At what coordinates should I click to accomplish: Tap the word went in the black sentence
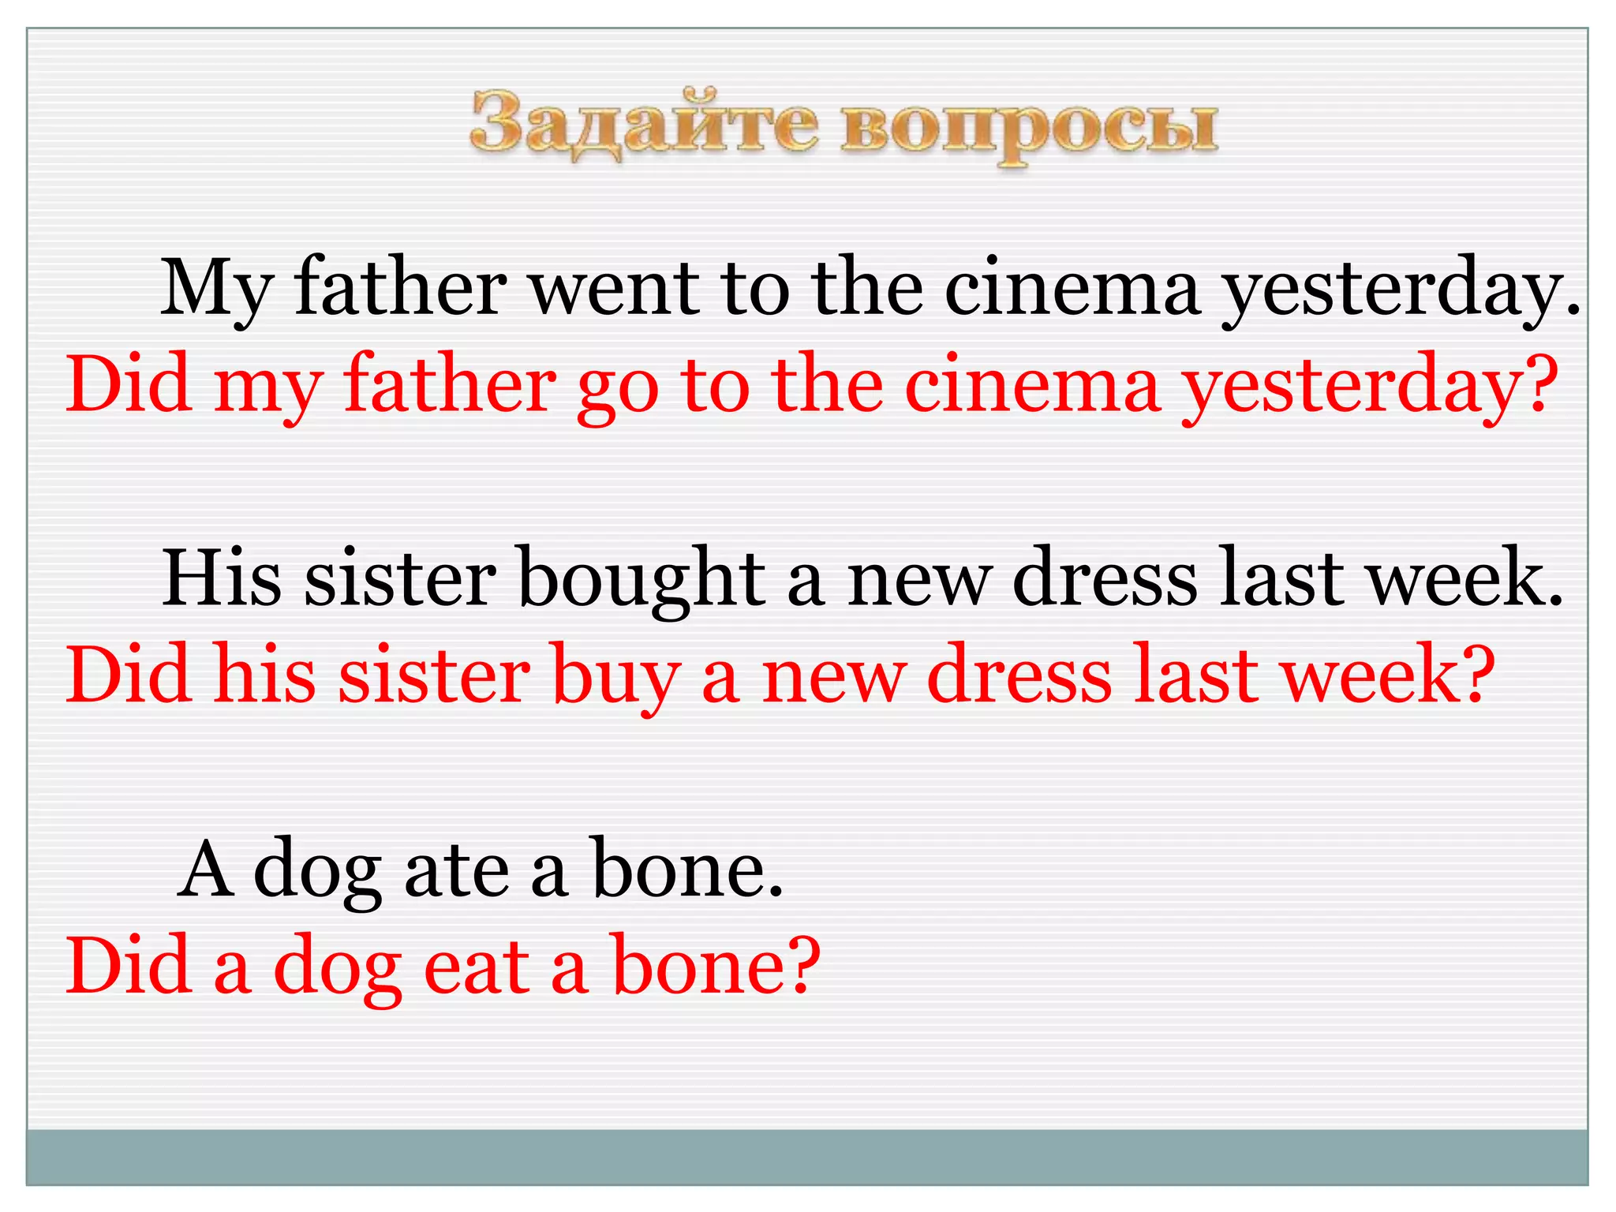(615, 289)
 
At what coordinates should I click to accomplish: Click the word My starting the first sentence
(216, 289)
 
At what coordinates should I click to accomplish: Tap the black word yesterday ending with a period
(1401, 289)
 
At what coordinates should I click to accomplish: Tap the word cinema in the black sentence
(1072, 289)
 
